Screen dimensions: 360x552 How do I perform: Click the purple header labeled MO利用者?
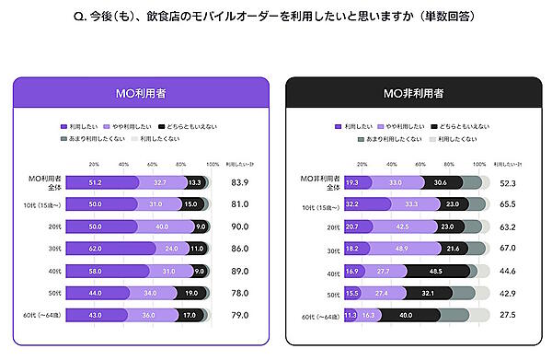tap(140, 93)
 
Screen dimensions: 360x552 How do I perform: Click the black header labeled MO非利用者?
tap(411, 93)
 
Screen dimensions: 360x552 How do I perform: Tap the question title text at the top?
tap(276, 17)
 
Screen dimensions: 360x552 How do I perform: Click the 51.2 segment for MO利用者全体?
tap(95, 182)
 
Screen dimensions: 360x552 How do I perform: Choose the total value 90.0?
tap(238, 226)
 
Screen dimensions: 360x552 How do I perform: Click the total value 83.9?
tap(238, 182)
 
